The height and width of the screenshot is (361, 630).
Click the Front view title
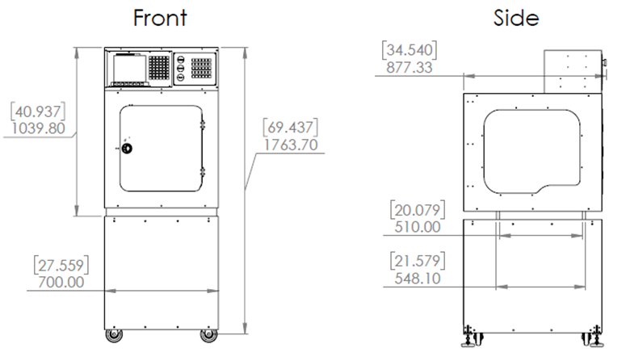pyautogui.click(x=160, y=18)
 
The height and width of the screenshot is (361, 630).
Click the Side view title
pyautogui.click(x=516, y=18)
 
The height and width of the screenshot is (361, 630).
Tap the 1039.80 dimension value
pyautogui.click(x=38, y=128)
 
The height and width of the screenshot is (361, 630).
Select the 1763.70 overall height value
pyautogui.click(x=291, y=145)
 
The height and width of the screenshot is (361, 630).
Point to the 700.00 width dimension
pyautogui.click(x=61, y=283)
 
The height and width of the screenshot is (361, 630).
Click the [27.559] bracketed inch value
pyautogui.click(x=61, y=266)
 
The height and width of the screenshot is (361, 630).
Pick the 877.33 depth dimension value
pyautogui.click(x=409, y=68)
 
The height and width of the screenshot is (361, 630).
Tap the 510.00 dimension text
pyautogui.click(x=418, y=227)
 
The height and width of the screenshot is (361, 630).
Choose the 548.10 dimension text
pyautogui.click(x=418, y=279)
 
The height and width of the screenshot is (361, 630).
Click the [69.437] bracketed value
pyautogui.click(x=291, y=128)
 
